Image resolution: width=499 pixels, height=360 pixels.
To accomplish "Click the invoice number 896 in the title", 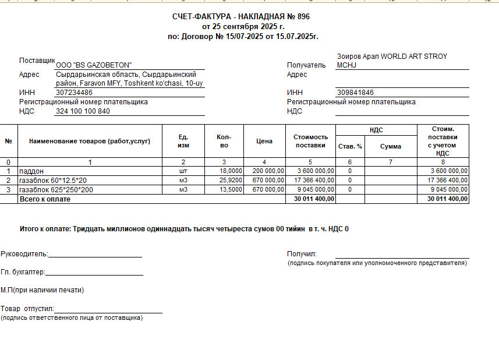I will [303, 17].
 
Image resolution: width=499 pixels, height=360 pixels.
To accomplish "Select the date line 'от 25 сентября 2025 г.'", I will [243, 27].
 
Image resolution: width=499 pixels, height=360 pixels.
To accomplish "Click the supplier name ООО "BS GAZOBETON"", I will [94, 65].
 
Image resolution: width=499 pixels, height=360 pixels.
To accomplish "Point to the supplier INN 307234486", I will [75, 93].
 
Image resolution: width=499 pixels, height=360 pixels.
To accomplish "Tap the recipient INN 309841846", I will [355, 93].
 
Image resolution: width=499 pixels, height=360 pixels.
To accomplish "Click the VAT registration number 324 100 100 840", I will [83, 111].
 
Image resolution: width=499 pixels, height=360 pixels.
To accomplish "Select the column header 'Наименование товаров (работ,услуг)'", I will [90, 141].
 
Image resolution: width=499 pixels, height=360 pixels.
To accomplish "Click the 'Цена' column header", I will [264, 141].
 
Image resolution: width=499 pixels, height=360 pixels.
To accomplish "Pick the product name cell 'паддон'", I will [31, 171].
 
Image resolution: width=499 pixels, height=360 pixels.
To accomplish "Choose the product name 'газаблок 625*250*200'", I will [56, 190].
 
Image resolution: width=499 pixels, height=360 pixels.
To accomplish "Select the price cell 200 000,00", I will [267, 171].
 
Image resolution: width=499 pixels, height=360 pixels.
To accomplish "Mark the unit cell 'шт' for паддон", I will [183, 171].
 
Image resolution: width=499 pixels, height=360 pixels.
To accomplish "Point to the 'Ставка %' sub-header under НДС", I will [350, 146].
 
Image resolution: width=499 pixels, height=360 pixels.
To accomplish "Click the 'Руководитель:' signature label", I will [24, 254].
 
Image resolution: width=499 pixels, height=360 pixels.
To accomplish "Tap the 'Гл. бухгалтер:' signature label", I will [23, 272].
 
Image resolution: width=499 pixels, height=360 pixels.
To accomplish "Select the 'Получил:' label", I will [302, 254].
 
